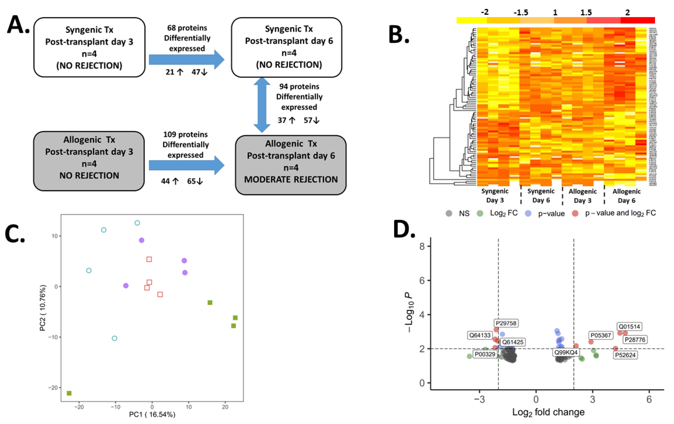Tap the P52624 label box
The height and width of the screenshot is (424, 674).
tap(625, 355)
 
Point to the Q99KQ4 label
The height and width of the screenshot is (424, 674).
tap(566, 352)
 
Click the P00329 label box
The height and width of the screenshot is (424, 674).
tap(485, 354)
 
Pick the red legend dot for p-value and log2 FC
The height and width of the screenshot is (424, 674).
tap(575, 213)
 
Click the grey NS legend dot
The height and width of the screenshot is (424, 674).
tap(449, 213)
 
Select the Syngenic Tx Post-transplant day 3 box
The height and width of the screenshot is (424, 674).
tap(89, 47)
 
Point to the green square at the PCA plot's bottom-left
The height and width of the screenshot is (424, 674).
tap(69, 393)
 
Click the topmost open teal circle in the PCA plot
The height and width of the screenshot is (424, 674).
tap(137, 223)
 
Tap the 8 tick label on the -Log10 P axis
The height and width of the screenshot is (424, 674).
tap(422, 246)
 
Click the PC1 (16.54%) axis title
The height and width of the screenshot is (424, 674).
tap(152, 414)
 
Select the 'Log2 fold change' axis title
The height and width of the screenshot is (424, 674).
tap(548, 412)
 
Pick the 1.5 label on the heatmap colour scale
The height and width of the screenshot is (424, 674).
tap(586, 13)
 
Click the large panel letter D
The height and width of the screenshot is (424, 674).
tap(404, 229)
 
